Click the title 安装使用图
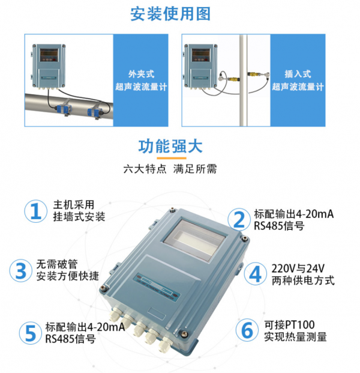point(170,14)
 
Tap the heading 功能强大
point(170,146)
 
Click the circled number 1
point(35,211)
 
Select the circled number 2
point(239,220)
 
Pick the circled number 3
point(20,271)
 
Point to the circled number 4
point(256,274)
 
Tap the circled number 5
point(31,333)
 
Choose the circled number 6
point(247,330)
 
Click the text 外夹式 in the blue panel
point(141,74)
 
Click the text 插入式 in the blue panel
point(298,74)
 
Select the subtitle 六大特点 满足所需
point(170,169)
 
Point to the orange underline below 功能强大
point(172,158)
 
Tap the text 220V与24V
point(298,268)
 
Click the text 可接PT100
point(289,325)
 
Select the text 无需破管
point(57,264)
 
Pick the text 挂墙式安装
point(79,217)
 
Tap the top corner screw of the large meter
point(172,210)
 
